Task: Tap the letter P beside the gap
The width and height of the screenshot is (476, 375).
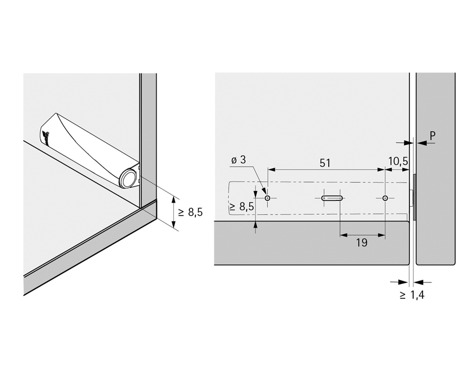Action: point(432,136)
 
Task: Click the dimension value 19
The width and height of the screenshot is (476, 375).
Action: point(362,242)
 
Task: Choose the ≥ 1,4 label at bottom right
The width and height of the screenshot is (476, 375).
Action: point(411,295)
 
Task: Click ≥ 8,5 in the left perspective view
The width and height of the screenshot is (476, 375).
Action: point(190,212)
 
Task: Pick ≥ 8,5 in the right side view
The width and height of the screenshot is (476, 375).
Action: point(242,207)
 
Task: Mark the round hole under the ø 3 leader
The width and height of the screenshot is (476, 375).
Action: point(268,198)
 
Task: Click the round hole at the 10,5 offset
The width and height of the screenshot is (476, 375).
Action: point(385,198)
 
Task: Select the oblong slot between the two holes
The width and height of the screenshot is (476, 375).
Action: point(332,198)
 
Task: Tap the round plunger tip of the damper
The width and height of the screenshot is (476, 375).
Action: point(127,179)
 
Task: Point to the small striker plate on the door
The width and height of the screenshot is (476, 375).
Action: point(415,197)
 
